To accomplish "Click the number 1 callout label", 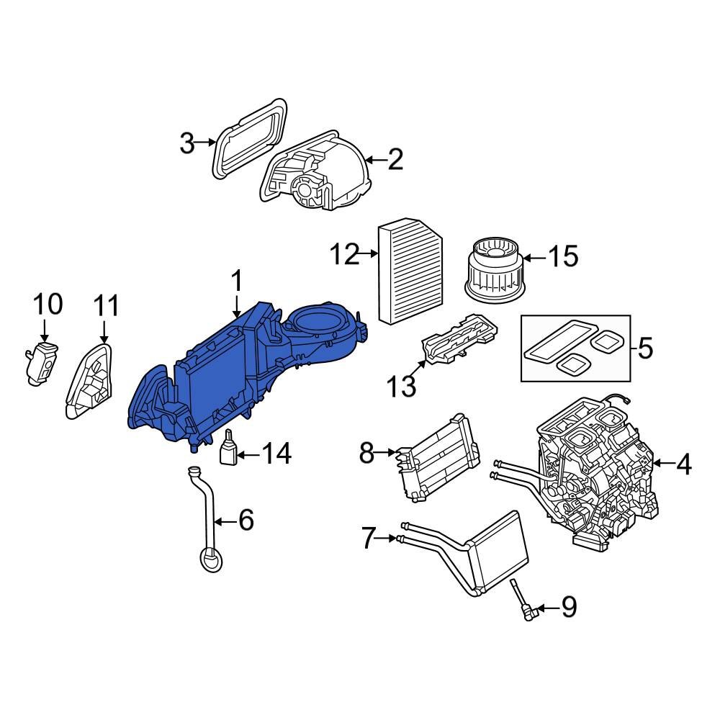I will (x=237, y=283).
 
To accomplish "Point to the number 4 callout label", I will (x=683, y=466).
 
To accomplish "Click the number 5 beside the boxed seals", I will (x=644, y=349).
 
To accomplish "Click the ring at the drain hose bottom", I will (x=210, y=559).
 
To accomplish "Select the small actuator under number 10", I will (x=41, y=364).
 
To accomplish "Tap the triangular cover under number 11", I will (x=91, y=382).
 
